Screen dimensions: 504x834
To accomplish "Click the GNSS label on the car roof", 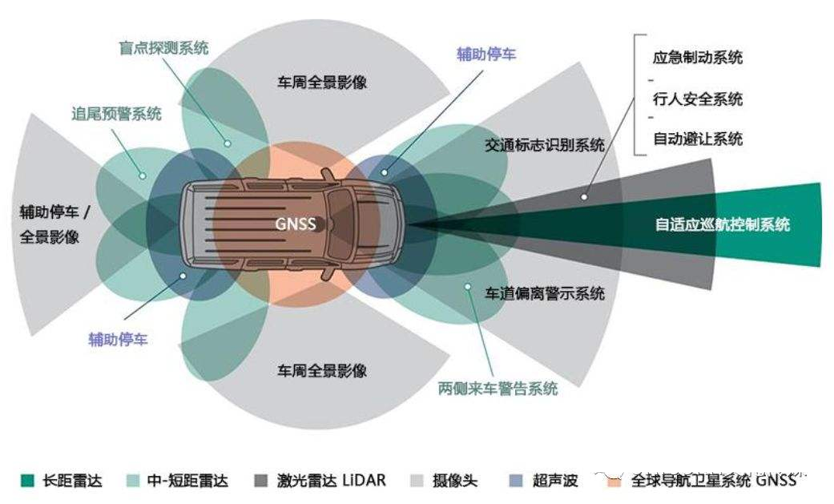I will coord(295,223).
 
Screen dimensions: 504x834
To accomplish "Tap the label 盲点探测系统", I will coord(164,48).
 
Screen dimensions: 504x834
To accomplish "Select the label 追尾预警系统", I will coord(116,113).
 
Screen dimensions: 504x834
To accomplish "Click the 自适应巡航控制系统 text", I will coord(722,224).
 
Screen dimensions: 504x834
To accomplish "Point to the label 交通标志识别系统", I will coord(545,145).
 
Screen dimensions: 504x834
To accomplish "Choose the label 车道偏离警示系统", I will coord(545,293).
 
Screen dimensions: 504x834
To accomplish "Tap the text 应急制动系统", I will coord(698,57).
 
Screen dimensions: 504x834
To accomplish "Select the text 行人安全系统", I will coord(698,98).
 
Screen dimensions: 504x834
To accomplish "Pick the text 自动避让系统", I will coord(698,139).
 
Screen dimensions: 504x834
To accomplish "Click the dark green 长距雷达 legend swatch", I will coord(27,480).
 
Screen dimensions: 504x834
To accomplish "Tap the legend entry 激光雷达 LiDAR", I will coord(331,480).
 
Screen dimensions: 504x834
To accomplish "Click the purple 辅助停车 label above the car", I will coord(486,54).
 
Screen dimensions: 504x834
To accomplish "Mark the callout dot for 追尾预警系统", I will coord(143,175).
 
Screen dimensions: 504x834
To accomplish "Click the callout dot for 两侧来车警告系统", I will coord(468,286).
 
